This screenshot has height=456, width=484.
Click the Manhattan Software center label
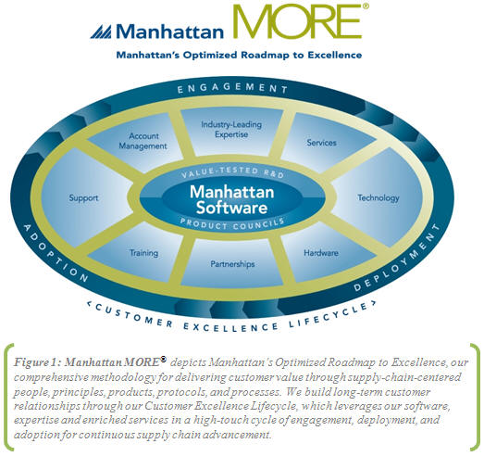(231, 199)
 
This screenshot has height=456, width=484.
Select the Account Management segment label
(143, 141)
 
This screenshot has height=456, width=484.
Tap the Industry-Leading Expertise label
(231, 130)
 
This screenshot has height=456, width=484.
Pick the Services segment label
(321, 143)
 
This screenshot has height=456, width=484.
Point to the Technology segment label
(379, 197)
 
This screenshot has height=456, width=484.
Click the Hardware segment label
(321, 253)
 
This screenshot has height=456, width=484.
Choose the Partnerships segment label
(232, 264)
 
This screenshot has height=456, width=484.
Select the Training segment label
(143, 253)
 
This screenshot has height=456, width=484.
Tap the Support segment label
(83, 197)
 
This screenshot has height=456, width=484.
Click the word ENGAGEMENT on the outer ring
(232, 88)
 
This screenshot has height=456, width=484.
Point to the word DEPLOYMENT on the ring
(397, 259)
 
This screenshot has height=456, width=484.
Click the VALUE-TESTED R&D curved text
(232, 172)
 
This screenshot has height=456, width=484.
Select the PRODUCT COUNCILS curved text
(232, 224)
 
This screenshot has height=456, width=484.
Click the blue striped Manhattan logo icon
(101, 32)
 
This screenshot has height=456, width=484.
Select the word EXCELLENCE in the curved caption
(230, 327)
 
